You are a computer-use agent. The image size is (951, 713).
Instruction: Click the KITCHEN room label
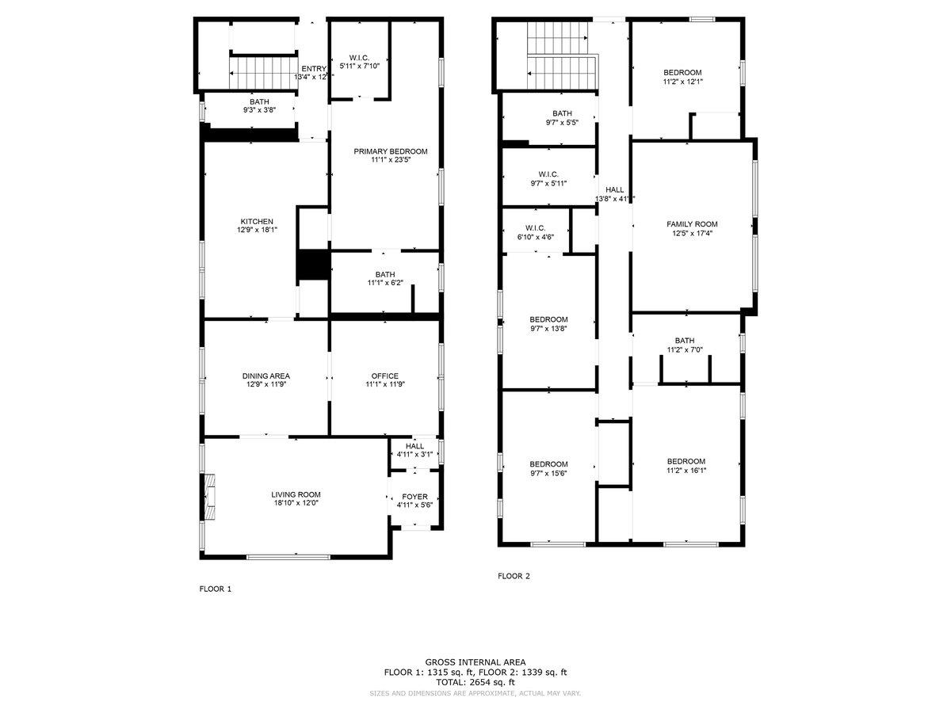click(257, 222)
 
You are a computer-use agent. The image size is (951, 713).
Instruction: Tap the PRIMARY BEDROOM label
click(390, 151)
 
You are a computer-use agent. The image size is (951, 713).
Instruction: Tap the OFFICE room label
click(384, 376)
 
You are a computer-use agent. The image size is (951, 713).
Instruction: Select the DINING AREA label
click(265, 376)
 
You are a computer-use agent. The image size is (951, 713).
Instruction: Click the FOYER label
click(414, 497)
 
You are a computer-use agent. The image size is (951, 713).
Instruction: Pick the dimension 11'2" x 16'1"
click(686, 471)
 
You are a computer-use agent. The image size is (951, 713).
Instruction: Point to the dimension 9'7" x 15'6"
click(548, 473)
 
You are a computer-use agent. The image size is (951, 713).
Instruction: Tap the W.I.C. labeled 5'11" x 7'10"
click(360, 66)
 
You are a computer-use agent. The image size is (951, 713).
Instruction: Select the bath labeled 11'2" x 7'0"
click(685, 349)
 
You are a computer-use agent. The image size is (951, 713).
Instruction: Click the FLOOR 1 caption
click(215, 589)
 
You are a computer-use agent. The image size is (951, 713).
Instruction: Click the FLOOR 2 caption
click(514, 576)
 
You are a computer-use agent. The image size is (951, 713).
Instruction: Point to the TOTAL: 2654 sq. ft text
click(475, 682)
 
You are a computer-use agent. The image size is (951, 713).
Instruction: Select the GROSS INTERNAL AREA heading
click(475, 662)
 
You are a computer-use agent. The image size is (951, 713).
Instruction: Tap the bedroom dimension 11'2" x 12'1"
click(682, 81)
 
